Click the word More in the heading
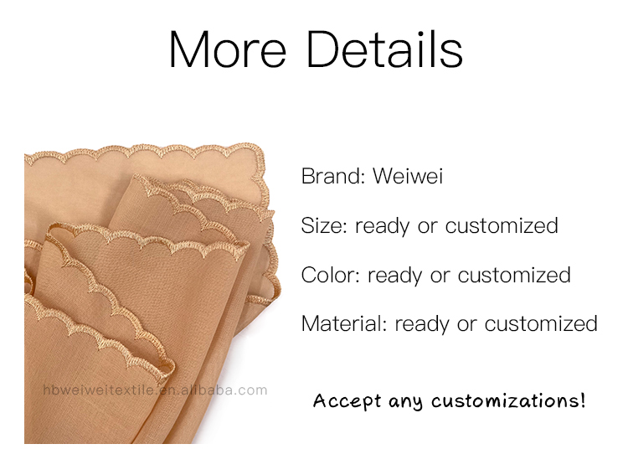[228, 49]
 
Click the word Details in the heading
[385, 49]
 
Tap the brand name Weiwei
[408, 176]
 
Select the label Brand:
[332, 176]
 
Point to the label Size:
[324, 225]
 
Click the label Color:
[331, 275]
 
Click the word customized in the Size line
[502, 225]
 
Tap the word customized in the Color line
[514, 275]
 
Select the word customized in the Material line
[541, 323]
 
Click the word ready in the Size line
[382, 226]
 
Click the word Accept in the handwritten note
[347, 401]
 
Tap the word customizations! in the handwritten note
[508, 400]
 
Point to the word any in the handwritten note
[405, 402]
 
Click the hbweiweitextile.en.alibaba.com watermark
[155, 390]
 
